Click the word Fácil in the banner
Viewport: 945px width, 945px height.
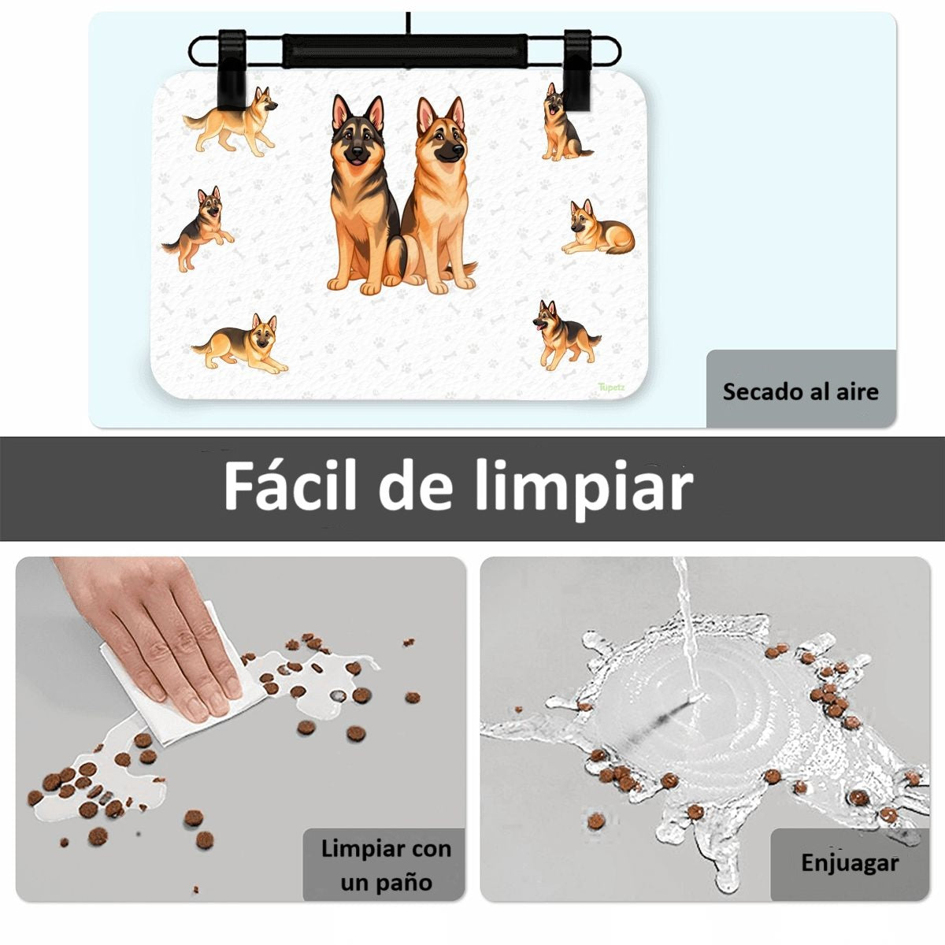tap(290, 486)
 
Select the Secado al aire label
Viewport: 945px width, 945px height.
tap(800, 391)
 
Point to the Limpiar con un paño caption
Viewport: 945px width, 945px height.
tap(386, 865)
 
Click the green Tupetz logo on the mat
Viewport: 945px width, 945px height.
tap(612, 387)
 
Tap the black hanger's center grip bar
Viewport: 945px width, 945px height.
tap(405, 50)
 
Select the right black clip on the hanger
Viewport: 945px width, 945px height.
tap(578, 76)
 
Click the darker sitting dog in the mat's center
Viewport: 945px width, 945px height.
tap(365, 196)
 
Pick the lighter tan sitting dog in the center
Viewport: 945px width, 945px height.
tap(439, 196)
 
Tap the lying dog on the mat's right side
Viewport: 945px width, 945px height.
tap(598, 228)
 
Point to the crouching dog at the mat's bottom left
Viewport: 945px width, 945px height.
tap(240, 344)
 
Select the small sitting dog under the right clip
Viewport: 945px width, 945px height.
tap(565, 123)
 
